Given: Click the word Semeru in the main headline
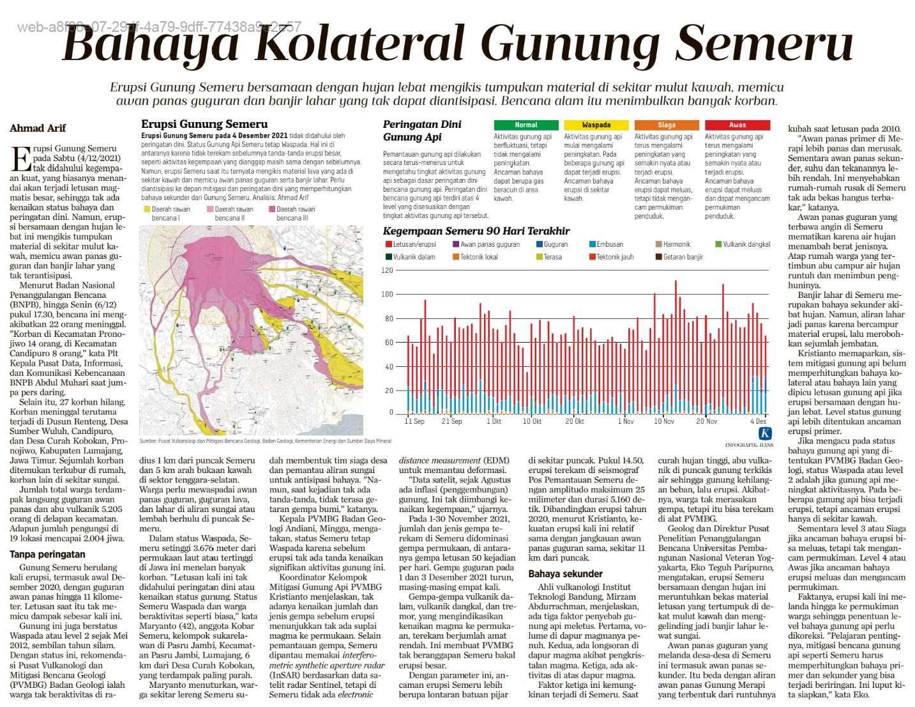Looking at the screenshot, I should point(764,43).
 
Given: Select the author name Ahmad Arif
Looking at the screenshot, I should point(38,128).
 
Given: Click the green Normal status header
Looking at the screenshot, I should point(526,125).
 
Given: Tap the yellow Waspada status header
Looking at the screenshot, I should point(596,125).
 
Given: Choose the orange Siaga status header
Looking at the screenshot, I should point(667,125).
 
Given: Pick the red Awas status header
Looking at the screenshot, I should point(737,125).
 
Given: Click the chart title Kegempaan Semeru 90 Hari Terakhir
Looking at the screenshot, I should point(476,231).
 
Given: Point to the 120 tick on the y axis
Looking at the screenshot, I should point(387,270).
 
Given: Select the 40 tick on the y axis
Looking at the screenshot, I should point(389,367).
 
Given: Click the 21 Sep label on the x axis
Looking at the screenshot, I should point(451,421).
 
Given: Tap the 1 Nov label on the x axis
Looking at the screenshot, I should point(626,421).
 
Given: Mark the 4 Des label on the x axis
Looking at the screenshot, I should point(758,421).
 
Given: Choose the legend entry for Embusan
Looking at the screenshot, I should point(609,244).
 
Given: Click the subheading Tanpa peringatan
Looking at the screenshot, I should point(47,554).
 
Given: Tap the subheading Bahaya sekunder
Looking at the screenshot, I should point(565,574).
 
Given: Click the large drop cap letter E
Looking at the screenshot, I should point(20,159).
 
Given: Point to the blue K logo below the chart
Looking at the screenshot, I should point(764,433).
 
